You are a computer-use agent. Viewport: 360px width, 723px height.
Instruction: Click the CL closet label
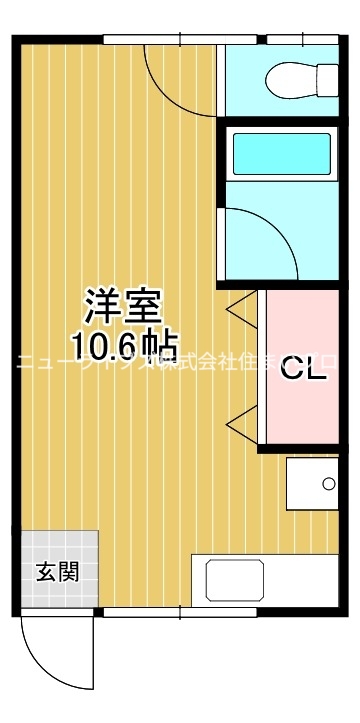pos(301,369)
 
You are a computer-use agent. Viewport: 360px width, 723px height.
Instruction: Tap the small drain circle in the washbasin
pos(327,485)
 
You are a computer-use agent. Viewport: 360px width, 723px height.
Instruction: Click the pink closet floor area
pos(300,330)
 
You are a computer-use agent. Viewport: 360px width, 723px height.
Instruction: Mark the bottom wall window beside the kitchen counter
pos(150,612)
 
